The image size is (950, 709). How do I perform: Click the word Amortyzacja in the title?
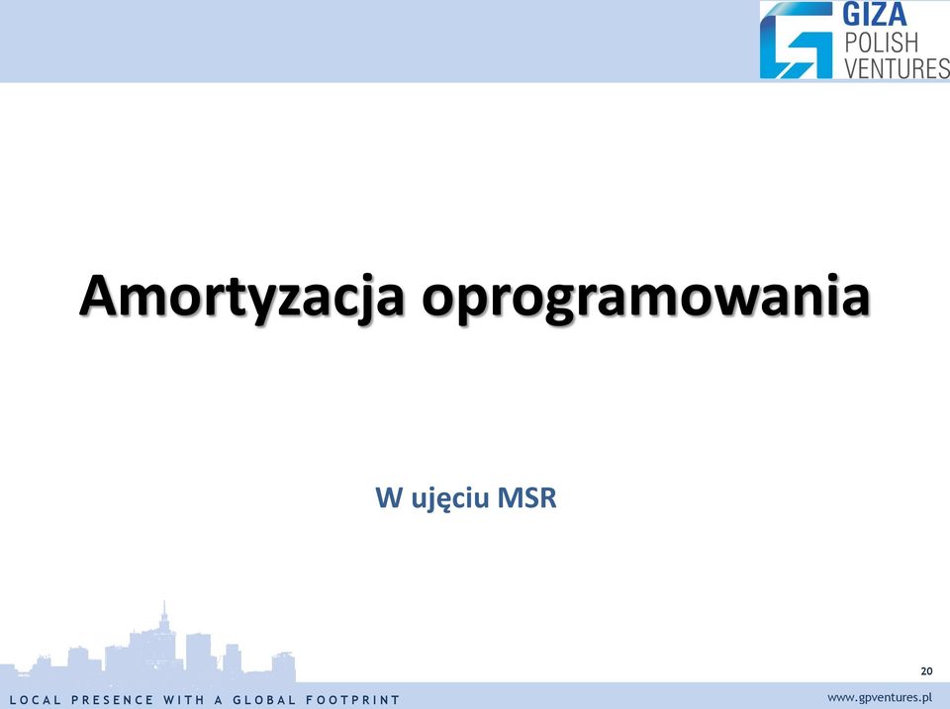241,297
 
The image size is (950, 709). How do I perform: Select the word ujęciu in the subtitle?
450,499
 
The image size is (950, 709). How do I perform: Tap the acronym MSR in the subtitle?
525,497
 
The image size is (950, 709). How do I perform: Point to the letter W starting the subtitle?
390,497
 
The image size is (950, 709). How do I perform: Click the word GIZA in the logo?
874,15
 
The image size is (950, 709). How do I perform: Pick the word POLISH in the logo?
882,43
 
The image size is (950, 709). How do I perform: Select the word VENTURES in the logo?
897,68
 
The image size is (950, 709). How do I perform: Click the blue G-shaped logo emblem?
796,40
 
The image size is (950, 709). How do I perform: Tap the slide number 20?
926,670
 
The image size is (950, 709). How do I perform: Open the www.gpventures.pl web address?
880,697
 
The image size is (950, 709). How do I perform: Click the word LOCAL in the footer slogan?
36,700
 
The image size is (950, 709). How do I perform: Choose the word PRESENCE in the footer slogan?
113,700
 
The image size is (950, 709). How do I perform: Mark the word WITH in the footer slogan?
184,700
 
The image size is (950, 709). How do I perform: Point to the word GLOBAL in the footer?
264,700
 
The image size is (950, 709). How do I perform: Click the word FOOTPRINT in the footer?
352,700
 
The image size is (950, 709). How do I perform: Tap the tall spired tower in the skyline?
163,636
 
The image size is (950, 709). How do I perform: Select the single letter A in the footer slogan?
219,700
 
